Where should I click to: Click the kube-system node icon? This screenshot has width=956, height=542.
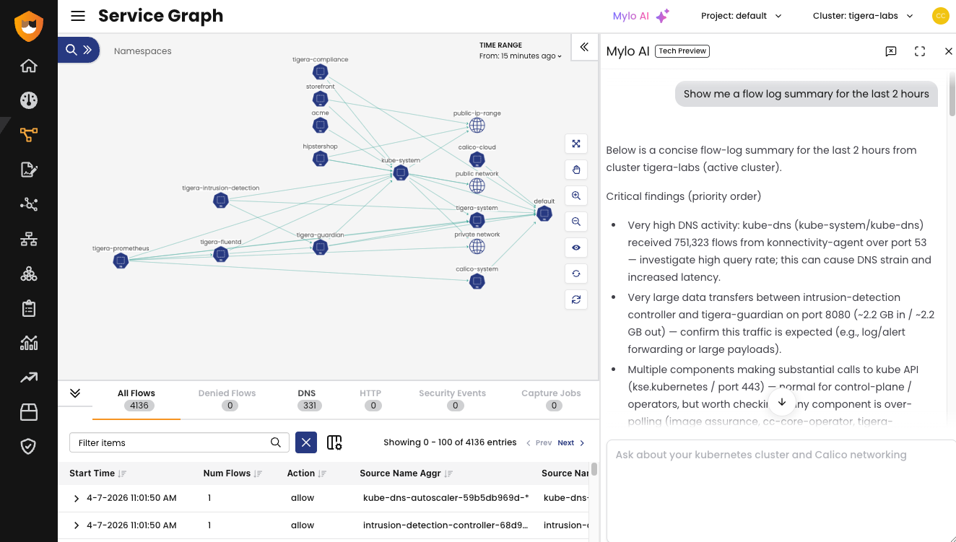pyautogui.click(x=401, y=172)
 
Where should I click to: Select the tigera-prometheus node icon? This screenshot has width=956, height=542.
pyautogui.click(x=121, y=261)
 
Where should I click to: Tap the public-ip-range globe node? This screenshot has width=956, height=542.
pyautogui.click(x=477, y=126)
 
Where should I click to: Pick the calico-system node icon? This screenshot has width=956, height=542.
pyautogui.click(x=477, y=281)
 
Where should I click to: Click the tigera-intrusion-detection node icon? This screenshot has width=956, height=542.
pyautogui.click(x=221, y=201)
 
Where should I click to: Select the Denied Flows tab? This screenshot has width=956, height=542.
pyautogui.click(x=227, y=399)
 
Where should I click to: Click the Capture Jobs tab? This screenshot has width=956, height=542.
pyautogui.click(x=551, y=399)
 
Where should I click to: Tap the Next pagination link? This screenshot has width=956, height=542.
pyautogui.click(x=566, y=442)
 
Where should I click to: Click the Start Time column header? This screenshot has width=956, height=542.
pyautogui.click(x=92, y=473)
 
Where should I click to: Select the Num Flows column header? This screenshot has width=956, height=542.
pyautogui.click(x=227, y=473)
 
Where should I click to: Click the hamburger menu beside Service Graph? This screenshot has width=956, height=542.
pyautogui.click(x=78, y=16)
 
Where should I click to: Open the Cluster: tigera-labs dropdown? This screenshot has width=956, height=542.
pyautogui.click(x=863, y=16)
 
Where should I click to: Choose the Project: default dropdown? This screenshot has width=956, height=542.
pyautogui.click(x=741, y=16)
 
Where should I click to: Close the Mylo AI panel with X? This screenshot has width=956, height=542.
pyautogui.click(x=949, y=51)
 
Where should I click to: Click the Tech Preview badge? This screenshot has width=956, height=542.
pyautogui.click(x=682, y=51)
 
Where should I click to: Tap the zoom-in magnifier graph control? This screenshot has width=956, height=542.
pyautogui.click(x=576, y=196)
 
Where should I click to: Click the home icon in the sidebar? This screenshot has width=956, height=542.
pyautogui.click(x=29, y=66)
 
